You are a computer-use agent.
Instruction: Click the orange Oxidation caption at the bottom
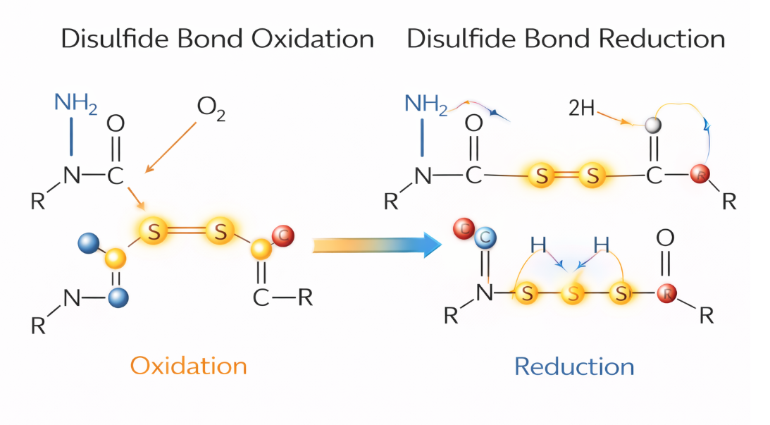coord(189,366)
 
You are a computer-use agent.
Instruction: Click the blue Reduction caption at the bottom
coord(574,367)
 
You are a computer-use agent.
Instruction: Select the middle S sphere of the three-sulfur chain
coord(573,294)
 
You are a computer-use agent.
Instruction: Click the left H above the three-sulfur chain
coord(539,245)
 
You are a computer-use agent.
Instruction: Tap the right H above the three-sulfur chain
coord(601,245)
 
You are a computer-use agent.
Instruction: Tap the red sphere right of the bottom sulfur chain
coord(666,293)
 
